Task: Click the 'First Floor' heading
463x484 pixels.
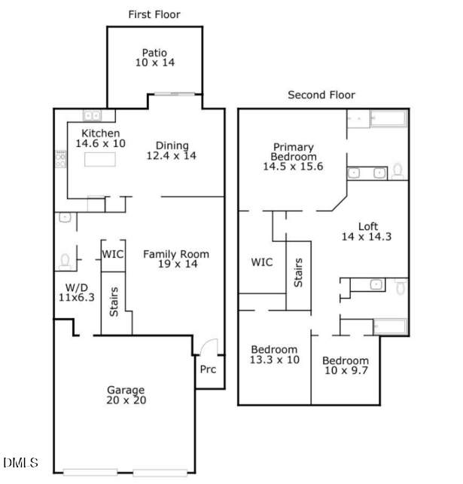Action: [154, 14]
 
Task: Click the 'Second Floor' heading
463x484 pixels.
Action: [321, 95]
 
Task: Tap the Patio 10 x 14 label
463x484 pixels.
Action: [154, 59]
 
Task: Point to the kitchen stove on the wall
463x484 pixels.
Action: [60, 158]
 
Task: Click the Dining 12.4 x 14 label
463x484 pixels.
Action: [172, 151]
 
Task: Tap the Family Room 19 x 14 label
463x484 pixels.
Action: [176, 259]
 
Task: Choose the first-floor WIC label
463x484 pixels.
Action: [113, 253]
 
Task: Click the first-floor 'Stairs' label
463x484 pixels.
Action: [114, 301]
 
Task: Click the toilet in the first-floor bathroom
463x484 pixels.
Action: [65, 261]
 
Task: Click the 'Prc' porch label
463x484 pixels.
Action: [208, 370]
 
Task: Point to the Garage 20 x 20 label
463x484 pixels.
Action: [125, 395]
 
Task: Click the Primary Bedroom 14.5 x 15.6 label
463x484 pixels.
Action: [293, 157]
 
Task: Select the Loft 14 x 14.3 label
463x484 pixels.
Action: [367, 231]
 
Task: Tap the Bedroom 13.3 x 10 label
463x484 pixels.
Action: [275, 355]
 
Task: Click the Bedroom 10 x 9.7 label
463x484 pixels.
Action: [346, 366]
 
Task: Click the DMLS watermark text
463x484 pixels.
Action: [20, 463]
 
